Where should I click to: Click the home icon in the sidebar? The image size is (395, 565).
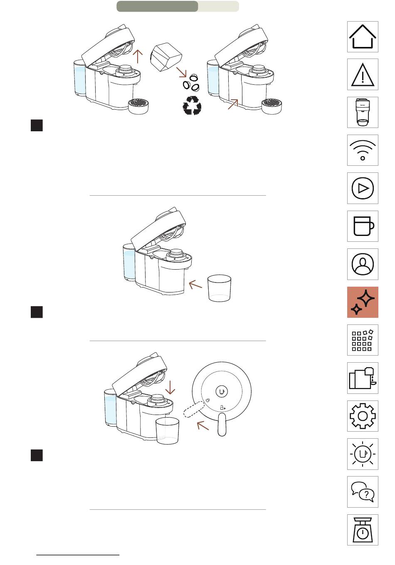pos(363,37)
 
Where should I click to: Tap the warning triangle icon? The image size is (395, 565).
pos(363,75)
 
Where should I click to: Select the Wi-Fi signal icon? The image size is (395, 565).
pos(363,150)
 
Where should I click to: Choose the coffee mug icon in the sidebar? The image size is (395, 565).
pos(363,226)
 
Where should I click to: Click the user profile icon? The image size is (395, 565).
pos(363,264)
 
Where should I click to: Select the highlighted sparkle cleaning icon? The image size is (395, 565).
pos(363,302)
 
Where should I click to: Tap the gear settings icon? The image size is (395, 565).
pos(363,416)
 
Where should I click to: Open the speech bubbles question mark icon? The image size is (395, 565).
pos(363,492)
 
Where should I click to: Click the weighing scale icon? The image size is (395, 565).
pos(363,530)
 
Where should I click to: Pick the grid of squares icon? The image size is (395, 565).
pos(363,340)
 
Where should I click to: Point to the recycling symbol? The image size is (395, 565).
pos(192,106)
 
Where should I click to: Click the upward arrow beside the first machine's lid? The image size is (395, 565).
pos(138,56)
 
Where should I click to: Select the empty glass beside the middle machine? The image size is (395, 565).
pos(219,287)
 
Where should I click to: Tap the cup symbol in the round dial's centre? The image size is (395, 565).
pos(222,391)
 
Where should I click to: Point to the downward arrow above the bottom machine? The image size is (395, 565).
pos(170,387)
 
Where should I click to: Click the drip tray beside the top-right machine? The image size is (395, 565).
pos(272,106)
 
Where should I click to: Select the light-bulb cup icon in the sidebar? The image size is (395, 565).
pos(363,454)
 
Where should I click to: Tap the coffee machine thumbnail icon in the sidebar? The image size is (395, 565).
pos(363,113)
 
